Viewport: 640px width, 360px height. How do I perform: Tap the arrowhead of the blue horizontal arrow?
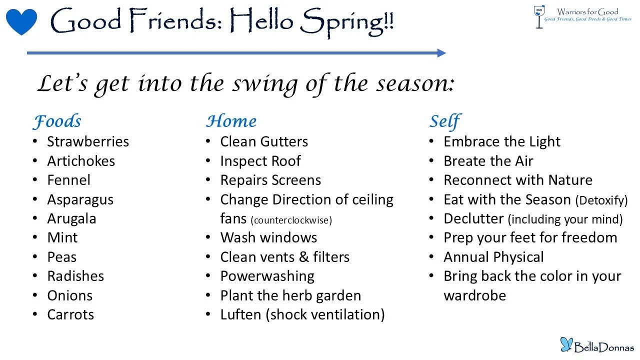(x=441, y=53)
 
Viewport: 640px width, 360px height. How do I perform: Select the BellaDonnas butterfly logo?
(x=596, y=344)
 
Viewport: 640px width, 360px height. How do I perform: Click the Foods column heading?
(x=57, y=121)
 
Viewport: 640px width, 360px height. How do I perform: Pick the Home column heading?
(x=231, y=121)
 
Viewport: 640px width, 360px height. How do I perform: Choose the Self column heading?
(x=444, y=121)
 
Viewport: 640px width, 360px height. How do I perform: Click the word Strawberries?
(x=88, y=141)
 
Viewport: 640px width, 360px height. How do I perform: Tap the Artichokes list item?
(x=81, y=161)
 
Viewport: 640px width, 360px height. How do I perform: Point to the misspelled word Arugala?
(x=71, y=218)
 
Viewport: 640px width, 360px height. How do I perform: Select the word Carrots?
(x=70, y=314)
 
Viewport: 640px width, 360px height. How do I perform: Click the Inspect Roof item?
(x=260, y=161)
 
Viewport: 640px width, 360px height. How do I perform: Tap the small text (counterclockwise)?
(x=291, y=220)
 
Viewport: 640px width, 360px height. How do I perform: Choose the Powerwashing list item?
(x=267, y=276)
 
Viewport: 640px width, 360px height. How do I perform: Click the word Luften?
(x=240, y=314)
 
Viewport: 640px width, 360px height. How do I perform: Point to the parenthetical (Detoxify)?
(x=601, y=200)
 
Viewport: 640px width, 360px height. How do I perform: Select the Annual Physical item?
(x=493, y=257)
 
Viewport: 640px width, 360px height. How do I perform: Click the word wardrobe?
(x=474, y=295)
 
